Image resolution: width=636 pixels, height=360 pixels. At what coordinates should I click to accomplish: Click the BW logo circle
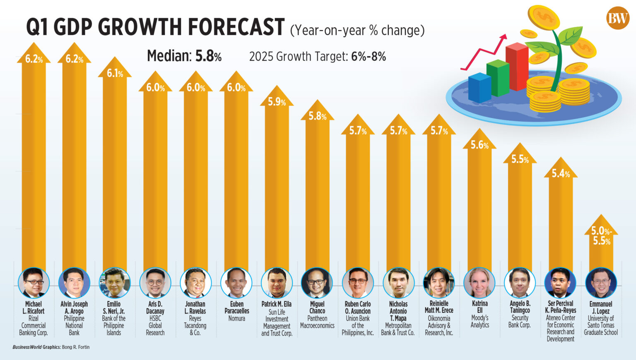click(617, 18)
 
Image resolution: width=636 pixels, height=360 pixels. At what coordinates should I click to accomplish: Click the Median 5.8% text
click(184, 56)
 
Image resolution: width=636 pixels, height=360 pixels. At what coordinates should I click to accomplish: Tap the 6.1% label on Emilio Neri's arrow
click(115, 74)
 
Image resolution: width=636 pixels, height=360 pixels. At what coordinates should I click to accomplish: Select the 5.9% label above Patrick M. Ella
click(277, 102)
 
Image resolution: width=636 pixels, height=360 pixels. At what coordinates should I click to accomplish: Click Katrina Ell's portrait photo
click(479, 283)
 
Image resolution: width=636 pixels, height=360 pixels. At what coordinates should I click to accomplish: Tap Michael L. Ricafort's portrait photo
click(34, 283)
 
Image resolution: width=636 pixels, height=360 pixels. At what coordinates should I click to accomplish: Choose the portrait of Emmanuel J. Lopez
click(601, 283)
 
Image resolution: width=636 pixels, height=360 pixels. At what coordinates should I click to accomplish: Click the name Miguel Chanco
click(317, 307)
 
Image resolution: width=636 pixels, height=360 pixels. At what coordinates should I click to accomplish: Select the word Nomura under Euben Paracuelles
click(236, 318)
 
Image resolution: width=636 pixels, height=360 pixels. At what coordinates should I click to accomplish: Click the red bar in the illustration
click(517, 66)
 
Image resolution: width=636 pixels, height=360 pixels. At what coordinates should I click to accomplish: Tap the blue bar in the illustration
click(479, 88)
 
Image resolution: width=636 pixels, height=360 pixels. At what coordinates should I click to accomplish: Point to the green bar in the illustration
click(498, 78)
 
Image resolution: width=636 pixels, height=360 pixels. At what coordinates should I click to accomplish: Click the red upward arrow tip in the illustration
click(503, 37)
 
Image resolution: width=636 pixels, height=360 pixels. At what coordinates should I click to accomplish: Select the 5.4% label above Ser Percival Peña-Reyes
click(561, 174)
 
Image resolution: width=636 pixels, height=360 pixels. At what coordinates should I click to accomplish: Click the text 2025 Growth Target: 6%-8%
click(317, 57)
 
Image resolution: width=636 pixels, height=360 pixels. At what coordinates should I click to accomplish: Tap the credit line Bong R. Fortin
click(75, 347)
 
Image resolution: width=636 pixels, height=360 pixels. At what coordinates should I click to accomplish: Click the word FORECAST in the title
click(236, 27)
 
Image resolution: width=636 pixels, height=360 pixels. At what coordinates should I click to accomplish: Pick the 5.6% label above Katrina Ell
click(479, 145)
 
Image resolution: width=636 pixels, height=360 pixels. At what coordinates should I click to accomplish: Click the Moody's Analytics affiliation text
click(479, 322)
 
